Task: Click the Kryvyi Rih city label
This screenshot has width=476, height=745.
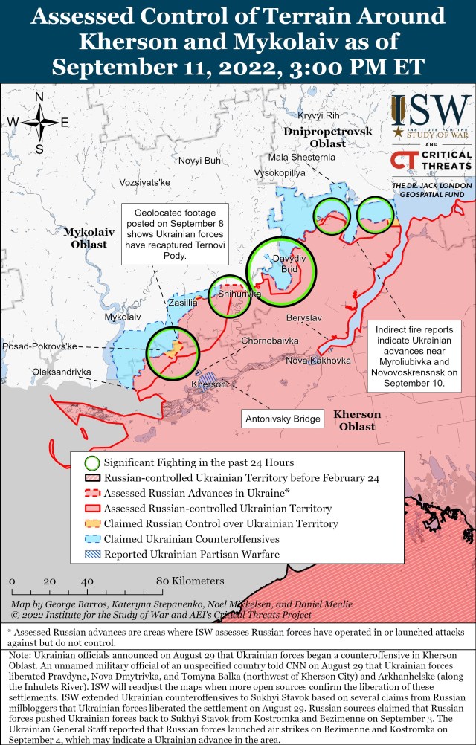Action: click(x=318, y=115)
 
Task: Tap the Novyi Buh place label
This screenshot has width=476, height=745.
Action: click(x=199, y=161)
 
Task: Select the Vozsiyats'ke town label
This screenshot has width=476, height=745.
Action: click(x=145, y=182)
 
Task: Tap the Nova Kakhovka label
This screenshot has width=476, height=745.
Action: click(x=318, y=361)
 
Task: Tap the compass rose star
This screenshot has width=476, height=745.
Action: click(x=39, y=122)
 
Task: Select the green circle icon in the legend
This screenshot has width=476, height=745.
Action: click(x=91, y=463)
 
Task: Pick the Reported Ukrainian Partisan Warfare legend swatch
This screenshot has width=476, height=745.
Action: click(x=91, y=554)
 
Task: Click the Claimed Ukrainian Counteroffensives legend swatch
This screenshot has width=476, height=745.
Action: click(x=91, y=539)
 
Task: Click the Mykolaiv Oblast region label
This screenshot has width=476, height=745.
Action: click(x=89, y=238)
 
